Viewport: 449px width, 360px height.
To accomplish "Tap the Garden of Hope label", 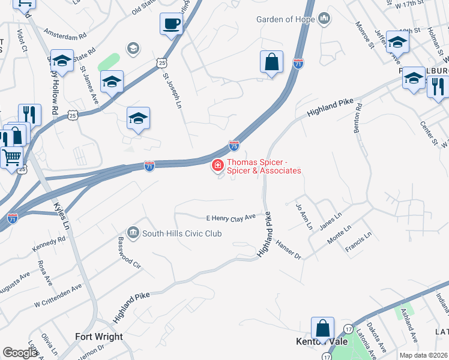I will coord(286,19).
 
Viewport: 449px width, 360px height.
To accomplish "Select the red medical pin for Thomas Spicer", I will coord(217,165).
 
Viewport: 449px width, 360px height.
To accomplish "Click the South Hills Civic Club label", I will coord(182,233).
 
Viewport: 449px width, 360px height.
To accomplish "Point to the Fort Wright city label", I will coord(99,337).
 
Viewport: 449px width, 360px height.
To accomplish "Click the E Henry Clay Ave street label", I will coord(231,218).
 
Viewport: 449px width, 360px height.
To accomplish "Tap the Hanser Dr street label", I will coord(289,249).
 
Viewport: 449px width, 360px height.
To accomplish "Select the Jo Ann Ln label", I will coord(304,217).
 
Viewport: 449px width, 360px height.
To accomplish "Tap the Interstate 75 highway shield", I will coord(234,145).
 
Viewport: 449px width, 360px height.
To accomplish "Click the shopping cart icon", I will coord(11,158).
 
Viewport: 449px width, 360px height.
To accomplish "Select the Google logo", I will coord(20,352).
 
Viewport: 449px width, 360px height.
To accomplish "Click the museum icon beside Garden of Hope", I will coord(324,19).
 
